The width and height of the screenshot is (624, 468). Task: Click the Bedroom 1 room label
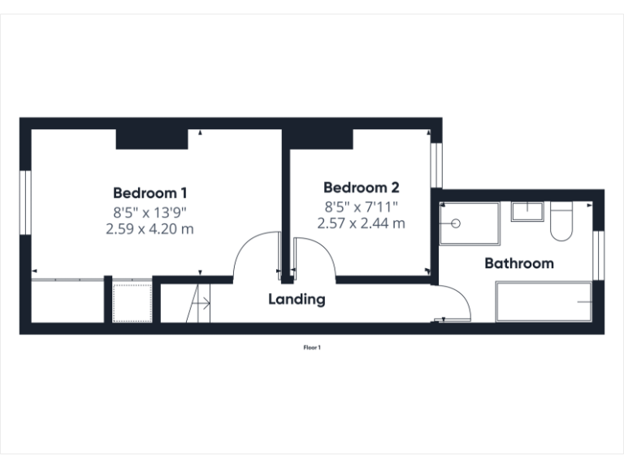pyautogui.click(x=150, y=193)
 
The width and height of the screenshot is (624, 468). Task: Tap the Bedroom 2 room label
pyautogui.click(x=361, y=187)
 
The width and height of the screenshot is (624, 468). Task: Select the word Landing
pyautogui.click(x=297, y=299)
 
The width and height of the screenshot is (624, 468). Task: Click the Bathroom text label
pyautogui.click(x=519, y=263)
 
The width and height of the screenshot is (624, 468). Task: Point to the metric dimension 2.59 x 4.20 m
pyautogui.click(x=150, y=228)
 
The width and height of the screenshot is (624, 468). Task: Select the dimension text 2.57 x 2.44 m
pyautogui.click(x=361, y=223)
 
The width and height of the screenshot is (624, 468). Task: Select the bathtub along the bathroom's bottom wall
pyautogui.click(x=544, y=302)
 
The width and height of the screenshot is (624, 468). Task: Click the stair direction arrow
pyautogui.click(x=201, y=304)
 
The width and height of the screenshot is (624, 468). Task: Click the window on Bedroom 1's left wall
pyautogui.click(x=25, y=203)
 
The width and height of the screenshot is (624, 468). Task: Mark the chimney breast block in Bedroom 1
pyautogui.click(x=152, y=139)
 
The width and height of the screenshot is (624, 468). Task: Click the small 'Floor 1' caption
pyautogui.click(x=312, y=348)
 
